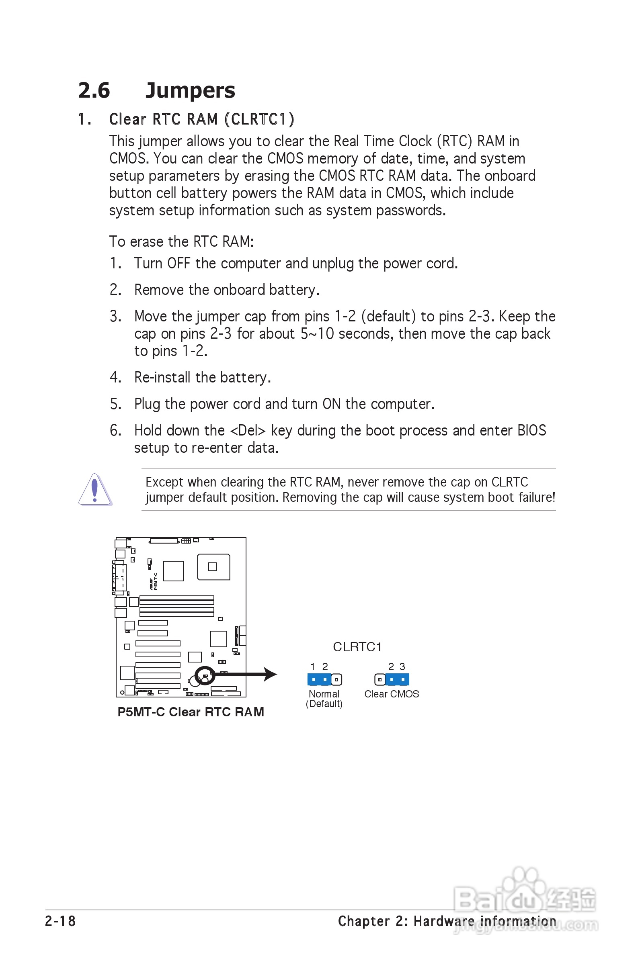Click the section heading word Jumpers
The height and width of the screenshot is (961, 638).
(190, 90)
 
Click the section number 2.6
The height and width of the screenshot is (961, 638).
(94, 90)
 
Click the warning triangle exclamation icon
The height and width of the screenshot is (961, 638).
(95, 489)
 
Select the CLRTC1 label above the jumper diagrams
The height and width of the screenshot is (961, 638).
(357, 647)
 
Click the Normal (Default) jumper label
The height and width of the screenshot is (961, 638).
(324, 699)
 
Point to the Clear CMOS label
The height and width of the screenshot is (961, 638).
(392, 694)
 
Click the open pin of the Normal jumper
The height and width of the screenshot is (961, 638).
(336, 679)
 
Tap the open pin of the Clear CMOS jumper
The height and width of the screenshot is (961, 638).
(380, 679)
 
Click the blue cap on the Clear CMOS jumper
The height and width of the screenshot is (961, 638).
(397, 679)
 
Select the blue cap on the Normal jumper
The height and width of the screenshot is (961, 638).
(320, 679)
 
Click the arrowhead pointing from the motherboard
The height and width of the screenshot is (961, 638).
(270, 675)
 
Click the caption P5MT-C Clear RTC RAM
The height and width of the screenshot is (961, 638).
(191, 712)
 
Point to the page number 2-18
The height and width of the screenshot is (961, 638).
(60, 921)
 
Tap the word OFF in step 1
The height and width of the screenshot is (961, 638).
(178, 264)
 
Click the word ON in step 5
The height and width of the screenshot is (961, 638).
(331, 404)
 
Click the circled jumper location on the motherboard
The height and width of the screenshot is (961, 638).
(205, 676)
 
